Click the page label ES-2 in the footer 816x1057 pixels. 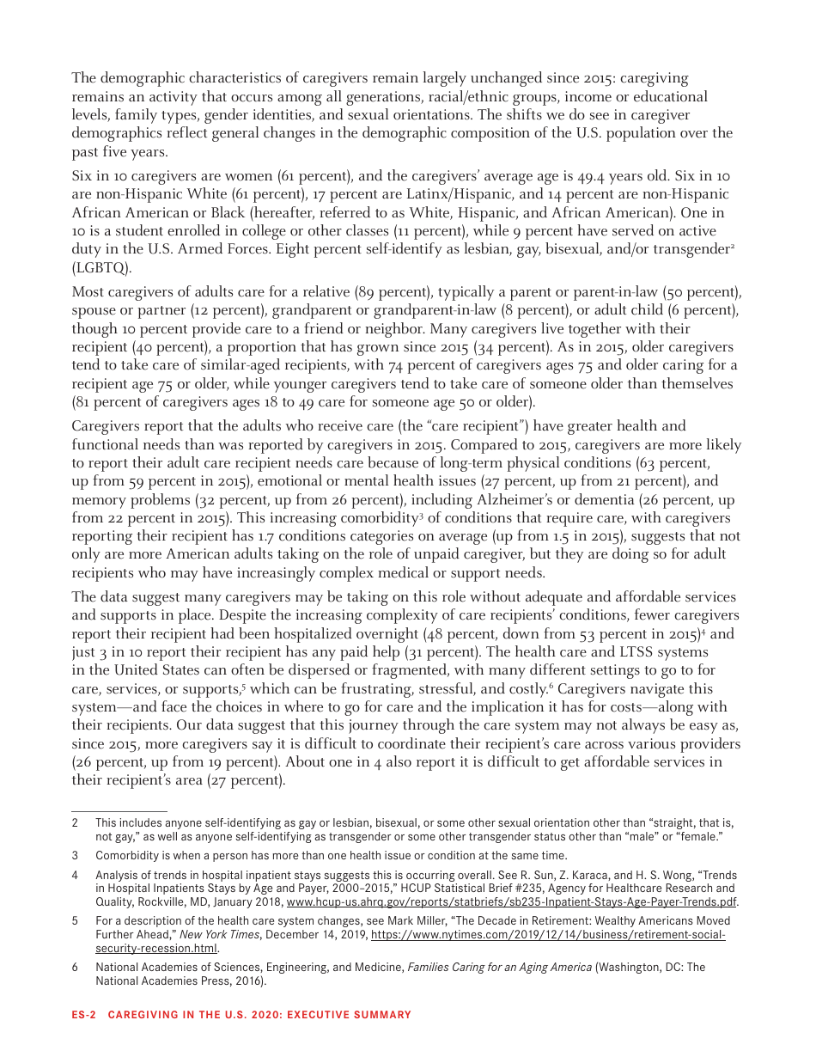pyautogui.click(x=82, y=1015)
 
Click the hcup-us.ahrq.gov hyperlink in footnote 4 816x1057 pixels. pyautogui.click(x=512, y=902)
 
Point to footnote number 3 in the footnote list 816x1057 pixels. pyautogui.click(x=76, y=855)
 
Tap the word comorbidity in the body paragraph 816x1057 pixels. pyautogui.click(x=381, y=518)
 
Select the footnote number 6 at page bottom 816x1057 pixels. pyautogui.click(x=76, y=968)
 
